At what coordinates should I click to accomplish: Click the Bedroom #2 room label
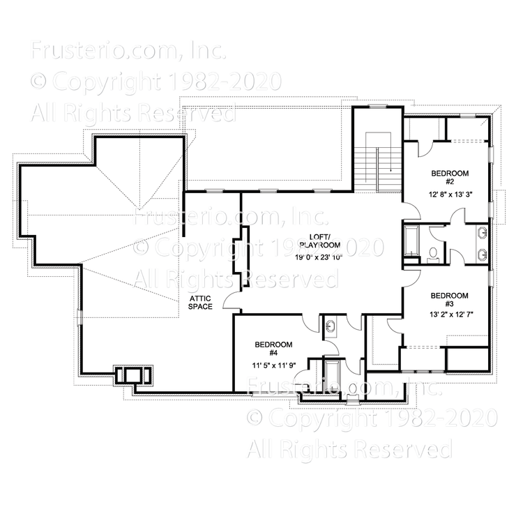coord(449,177)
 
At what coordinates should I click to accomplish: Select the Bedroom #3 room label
coord(449,300)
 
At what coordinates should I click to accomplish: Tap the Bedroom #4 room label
coord(273,349)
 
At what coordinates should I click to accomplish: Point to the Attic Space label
coord(201,303)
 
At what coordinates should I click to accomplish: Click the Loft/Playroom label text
coord(319,241)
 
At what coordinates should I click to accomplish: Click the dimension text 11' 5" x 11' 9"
coord(273,365)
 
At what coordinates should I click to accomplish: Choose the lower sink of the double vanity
coord(482,252)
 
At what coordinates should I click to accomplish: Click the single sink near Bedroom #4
coord(331,324)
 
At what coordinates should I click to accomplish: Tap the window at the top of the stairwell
coord(377,107)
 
